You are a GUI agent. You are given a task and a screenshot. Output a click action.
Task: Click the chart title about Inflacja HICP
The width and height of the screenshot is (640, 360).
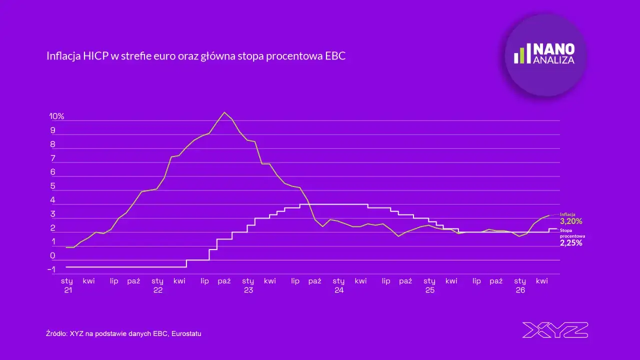point(196,56)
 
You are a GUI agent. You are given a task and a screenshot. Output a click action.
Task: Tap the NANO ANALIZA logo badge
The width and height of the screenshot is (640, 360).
point(545,55)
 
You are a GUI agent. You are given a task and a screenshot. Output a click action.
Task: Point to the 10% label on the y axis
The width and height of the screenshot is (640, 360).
point(56,116)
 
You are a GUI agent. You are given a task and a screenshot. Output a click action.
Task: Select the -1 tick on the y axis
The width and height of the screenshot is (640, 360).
point(51,269)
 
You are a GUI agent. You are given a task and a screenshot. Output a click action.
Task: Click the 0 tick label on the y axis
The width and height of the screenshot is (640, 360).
point(52,255)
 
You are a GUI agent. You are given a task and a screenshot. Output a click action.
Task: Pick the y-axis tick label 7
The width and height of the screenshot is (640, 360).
point(53,158)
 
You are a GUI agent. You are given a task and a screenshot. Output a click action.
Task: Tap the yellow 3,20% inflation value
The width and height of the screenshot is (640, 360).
point(571,221)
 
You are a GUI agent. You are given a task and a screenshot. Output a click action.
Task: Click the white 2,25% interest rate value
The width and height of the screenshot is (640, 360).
point(571,243)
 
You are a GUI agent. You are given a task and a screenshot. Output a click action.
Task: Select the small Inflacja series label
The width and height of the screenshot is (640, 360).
point(567,214)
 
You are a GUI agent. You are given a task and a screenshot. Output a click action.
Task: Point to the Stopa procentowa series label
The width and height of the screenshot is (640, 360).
point(572,233)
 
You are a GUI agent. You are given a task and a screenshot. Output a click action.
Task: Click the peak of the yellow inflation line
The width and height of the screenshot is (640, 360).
point(224,112)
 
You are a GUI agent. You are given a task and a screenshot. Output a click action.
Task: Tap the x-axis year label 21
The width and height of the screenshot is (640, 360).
point(68,290)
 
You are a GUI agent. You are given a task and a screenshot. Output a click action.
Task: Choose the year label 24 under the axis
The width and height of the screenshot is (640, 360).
point(339,290)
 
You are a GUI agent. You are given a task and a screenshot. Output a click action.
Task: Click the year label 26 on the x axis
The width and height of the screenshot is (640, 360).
point(520,290)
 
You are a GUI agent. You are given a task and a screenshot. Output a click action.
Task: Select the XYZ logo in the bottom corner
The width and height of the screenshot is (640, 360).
point(555,330)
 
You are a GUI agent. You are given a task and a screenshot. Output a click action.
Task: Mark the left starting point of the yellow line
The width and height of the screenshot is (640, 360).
point(66,247)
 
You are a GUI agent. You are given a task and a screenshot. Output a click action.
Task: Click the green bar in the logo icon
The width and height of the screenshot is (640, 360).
point(522,55)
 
